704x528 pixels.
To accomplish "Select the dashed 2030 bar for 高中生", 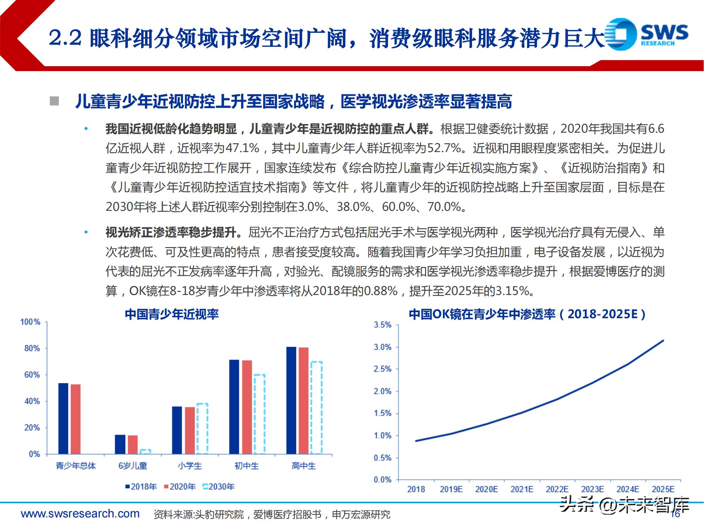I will tap(316, 407).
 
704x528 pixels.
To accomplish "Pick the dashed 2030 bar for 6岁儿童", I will tap(145, 451).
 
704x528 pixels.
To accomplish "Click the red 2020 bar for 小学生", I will tap(190, 430).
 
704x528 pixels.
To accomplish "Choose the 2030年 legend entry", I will tap(219, 487).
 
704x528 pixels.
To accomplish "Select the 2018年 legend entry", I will tap(141, 487).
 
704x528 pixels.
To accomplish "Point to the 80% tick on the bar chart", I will tap(32, 348).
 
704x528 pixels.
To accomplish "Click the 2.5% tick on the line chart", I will tap(382, 369).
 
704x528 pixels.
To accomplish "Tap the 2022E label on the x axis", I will tap(557, 489).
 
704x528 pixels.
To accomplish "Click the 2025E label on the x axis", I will tap(663, 489).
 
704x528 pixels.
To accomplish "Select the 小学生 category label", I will tap(190, 466).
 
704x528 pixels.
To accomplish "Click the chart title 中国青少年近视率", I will tap(172, 314).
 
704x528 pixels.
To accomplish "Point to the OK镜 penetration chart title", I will tap(527, 314).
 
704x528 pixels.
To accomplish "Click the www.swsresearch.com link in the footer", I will tap(80, 514).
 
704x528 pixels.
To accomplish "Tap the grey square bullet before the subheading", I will tap(54, 101).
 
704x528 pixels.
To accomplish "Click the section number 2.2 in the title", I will tap(65, 38).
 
